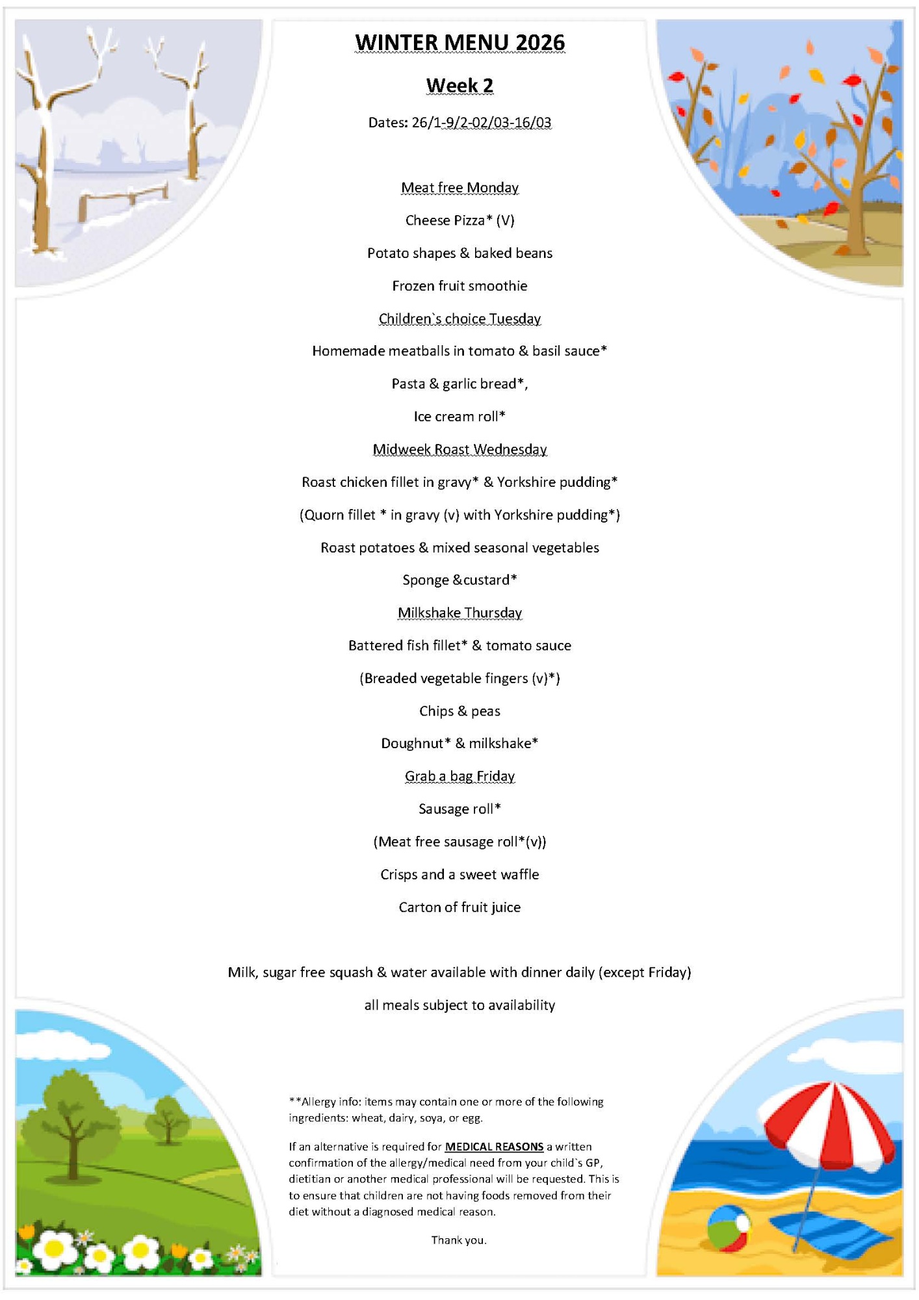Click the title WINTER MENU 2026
point(459,43)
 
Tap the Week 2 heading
point(459,86)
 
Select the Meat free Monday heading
point(459,188)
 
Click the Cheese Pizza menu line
point(459,220)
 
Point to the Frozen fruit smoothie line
point(459,286)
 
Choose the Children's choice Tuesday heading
point(459,318)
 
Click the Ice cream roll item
point(459,417)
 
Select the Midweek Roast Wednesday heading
point(459,449)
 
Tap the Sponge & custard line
point(459,580)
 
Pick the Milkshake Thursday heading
point(459,613)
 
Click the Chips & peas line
point(459,711)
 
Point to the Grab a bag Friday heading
point(459,776)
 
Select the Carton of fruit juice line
point(459,907)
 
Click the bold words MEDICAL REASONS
point(494,1147)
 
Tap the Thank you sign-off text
point(459,1240)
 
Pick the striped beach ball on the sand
point(728,1227)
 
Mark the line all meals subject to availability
point(459,1006)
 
